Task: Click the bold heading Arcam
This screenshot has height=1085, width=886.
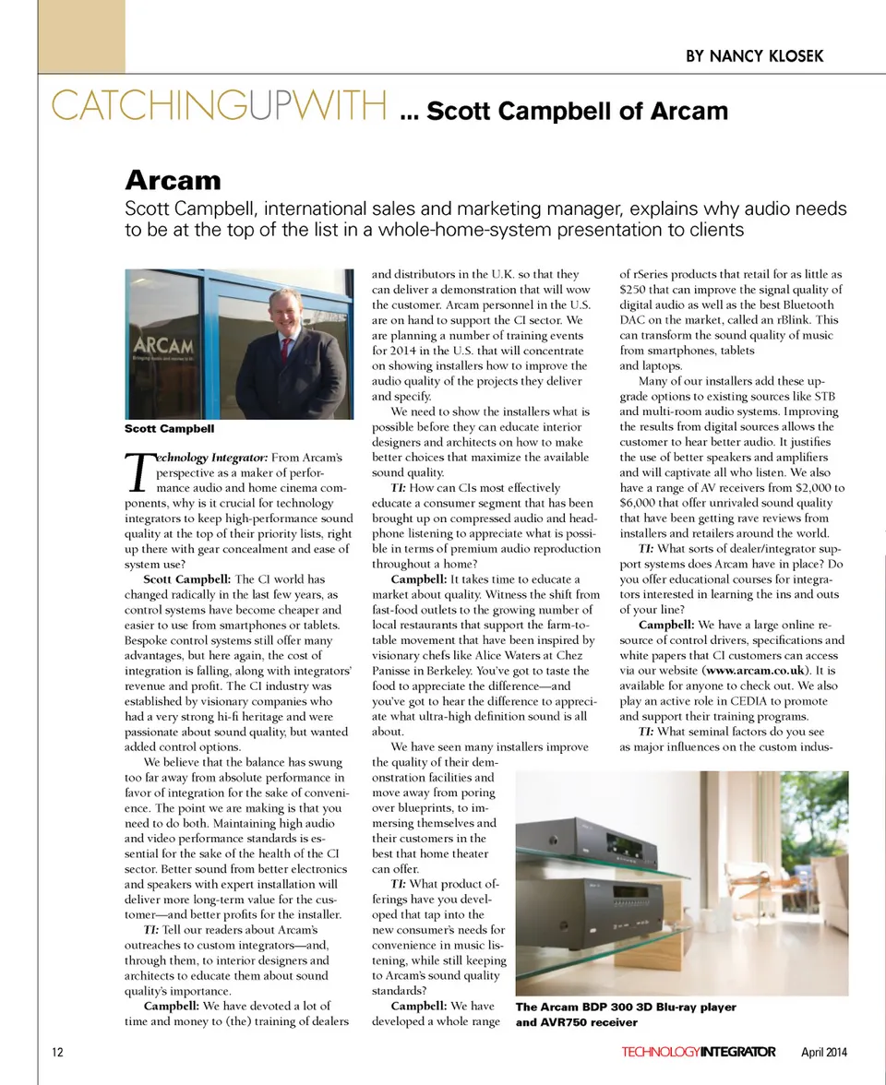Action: tap(173, 179)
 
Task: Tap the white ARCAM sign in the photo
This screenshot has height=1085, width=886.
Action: tap(168, 346)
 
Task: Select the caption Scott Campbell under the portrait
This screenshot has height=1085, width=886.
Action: tap(169, 429)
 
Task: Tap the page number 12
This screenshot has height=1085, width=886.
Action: tap(57, 1053)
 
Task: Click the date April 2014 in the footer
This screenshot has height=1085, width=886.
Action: tap(823, 1053)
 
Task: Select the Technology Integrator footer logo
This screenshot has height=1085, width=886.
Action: tap(698, 1053)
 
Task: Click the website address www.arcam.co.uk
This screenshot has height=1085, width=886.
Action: tap(757, 670)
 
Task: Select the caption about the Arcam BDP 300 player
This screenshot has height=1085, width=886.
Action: tap(626, 1015)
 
